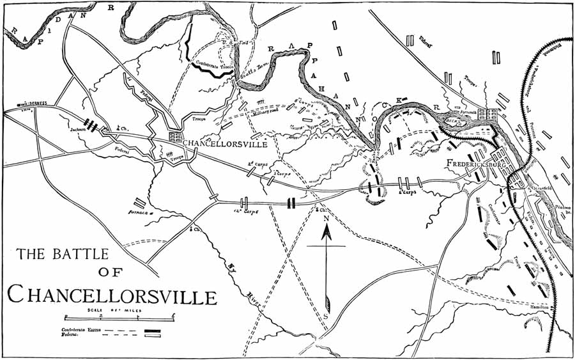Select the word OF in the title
(111, 272)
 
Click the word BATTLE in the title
(77, 254)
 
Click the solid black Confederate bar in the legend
(153, 330)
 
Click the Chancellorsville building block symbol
(175, 137)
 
